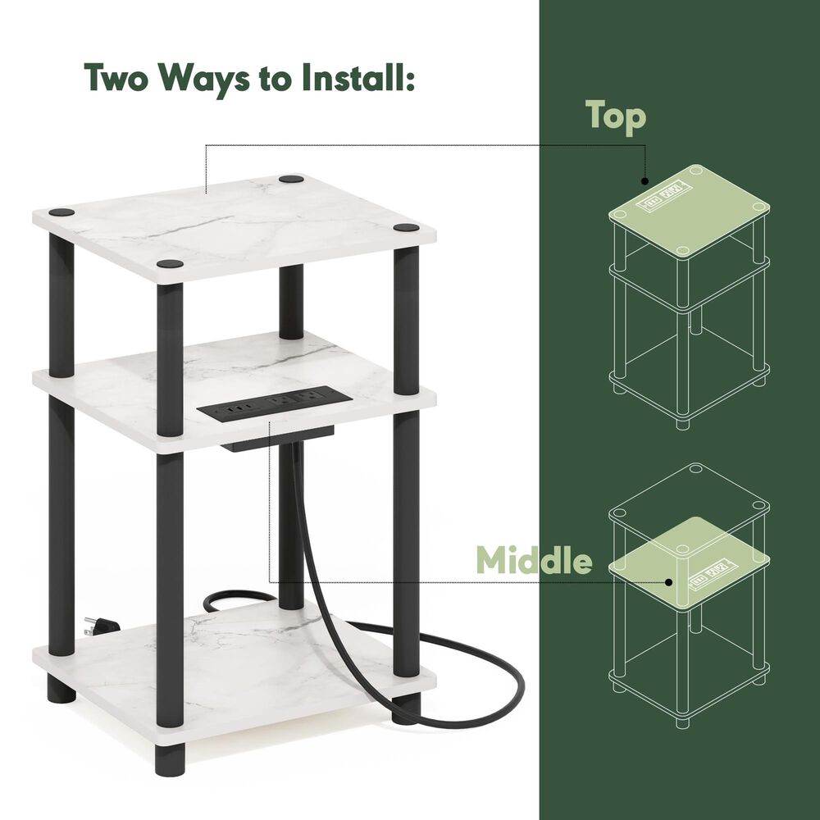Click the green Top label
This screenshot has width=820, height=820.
[616, 116]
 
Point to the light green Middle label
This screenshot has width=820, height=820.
[534, 561]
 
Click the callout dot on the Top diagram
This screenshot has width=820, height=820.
[645, 181]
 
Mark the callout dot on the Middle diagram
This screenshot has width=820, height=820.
[670, 582]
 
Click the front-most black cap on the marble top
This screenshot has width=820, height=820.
[170, 264]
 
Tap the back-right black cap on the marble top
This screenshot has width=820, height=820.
[290, 178]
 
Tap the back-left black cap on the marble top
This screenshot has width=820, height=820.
[61, 212]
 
